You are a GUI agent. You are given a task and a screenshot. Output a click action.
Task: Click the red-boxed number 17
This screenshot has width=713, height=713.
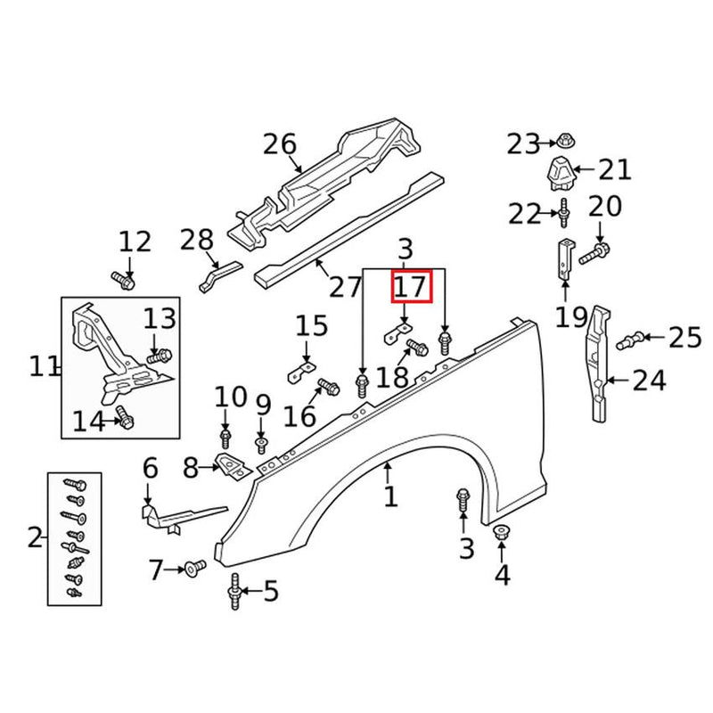(x=412, y=287)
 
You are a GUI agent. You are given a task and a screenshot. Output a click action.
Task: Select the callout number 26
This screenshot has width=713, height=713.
(x=279, y=144)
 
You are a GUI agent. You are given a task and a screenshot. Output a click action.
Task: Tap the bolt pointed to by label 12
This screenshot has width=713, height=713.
(x=124, y=281)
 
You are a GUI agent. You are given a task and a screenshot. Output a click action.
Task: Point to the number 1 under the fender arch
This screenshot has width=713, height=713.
(x=390, y=496)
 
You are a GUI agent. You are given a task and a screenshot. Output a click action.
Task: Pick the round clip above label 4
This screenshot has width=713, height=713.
(x=502, y=533)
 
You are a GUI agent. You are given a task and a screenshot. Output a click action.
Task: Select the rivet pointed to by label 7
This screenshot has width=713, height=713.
(x=194, y=567)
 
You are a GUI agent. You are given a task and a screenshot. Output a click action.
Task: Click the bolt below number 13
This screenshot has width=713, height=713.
(x=158, y=356)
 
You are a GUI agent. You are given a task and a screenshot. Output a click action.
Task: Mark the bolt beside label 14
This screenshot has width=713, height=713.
(x=125, y=415)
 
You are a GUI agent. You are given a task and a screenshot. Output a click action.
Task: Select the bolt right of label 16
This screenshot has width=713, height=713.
(x=326, y=388)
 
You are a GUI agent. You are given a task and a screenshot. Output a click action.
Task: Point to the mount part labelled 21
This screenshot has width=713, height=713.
(x=561, y=172)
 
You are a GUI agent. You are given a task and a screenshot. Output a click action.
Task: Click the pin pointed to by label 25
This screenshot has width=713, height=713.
(x=632, y=338)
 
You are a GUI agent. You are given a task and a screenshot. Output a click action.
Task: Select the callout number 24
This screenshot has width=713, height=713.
(x=650, y=381)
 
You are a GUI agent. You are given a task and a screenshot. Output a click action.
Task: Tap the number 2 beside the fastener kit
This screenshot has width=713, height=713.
(x=35, y=537)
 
